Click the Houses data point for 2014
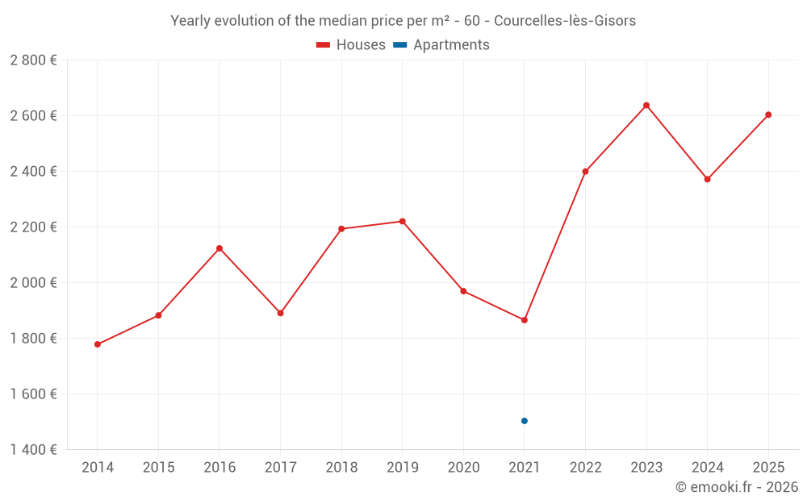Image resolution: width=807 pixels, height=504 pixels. [x=98, y=344]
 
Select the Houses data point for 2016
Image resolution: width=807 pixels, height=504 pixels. [x=220, y=248]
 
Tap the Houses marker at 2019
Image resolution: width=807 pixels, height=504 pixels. [x=403, y=221]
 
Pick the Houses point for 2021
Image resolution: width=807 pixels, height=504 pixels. [x=525, y=320]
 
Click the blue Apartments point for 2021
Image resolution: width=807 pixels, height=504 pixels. [x=525, y=421]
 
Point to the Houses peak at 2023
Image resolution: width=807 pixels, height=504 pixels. [x=646, y=105]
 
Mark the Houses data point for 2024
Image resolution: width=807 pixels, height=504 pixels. [x=707, y=179]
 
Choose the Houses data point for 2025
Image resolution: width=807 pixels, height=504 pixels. [x=768, y=115]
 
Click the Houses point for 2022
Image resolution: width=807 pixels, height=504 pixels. [x=585, y=171]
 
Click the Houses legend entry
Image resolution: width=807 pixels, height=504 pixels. [x=351, y=45]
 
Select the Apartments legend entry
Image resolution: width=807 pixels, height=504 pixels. [x=441, y=45]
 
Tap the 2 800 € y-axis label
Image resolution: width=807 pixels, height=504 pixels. [x=33, y=60]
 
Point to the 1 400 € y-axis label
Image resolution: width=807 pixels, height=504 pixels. [x=33, y=450]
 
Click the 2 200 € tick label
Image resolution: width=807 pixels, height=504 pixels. [x=33, y=227]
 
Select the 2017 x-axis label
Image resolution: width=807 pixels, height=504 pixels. [x=280, y=468]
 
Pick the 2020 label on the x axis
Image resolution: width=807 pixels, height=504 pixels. [x=463, y=468]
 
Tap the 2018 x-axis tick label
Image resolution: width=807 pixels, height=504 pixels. [x=341, y=468]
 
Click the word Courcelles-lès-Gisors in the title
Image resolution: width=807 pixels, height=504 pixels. [x=564, y=21]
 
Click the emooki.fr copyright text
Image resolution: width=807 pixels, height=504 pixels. [x=737, y=487]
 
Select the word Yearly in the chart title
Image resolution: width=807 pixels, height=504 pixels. [x=190, y=21]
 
